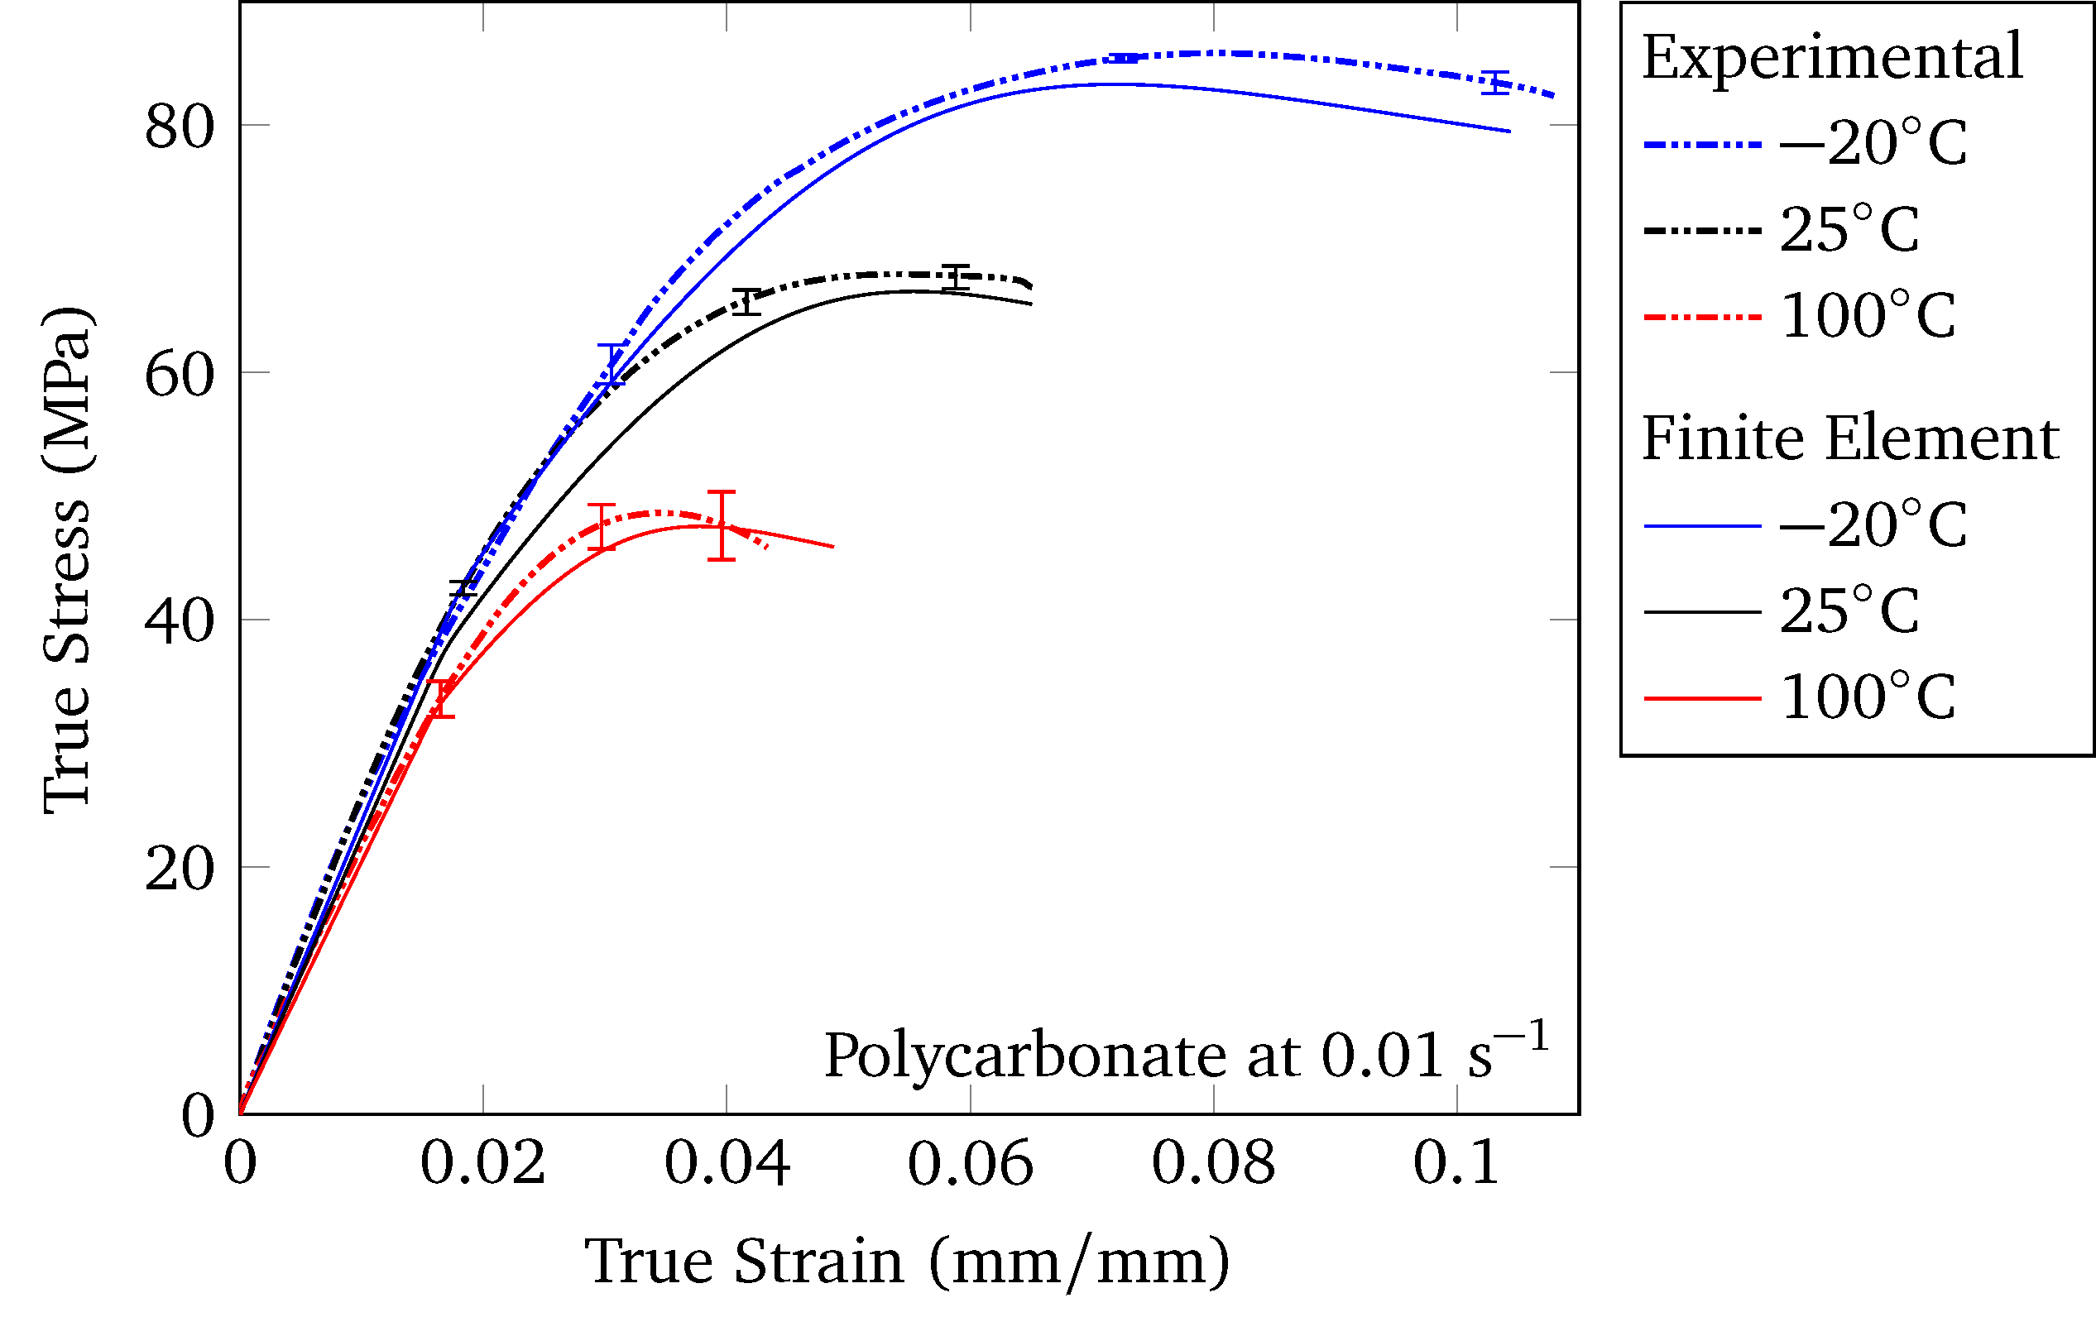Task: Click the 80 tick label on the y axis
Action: [x=180, y=127]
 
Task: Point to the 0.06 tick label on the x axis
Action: [x=970, y=1164]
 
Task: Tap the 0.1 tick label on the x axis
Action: [x=1456, y=1164]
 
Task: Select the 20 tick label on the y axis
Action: [x=180, y=868]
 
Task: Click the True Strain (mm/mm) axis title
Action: [x=907, y=1262]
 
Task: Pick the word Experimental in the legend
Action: [x=1832, y=57]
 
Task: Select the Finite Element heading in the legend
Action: [x=1849, y=438]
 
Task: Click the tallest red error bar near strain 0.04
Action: [x=722, y=526]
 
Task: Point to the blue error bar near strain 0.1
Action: [x=1495, y=83]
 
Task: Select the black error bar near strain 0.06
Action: [x=956, y=277]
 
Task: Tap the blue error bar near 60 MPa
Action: [x=611, y=365]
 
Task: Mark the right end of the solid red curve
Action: [x=833, y=547]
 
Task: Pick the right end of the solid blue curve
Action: [x=1509, y=132]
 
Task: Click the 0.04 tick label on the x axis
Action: [x=727, y=1164]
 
